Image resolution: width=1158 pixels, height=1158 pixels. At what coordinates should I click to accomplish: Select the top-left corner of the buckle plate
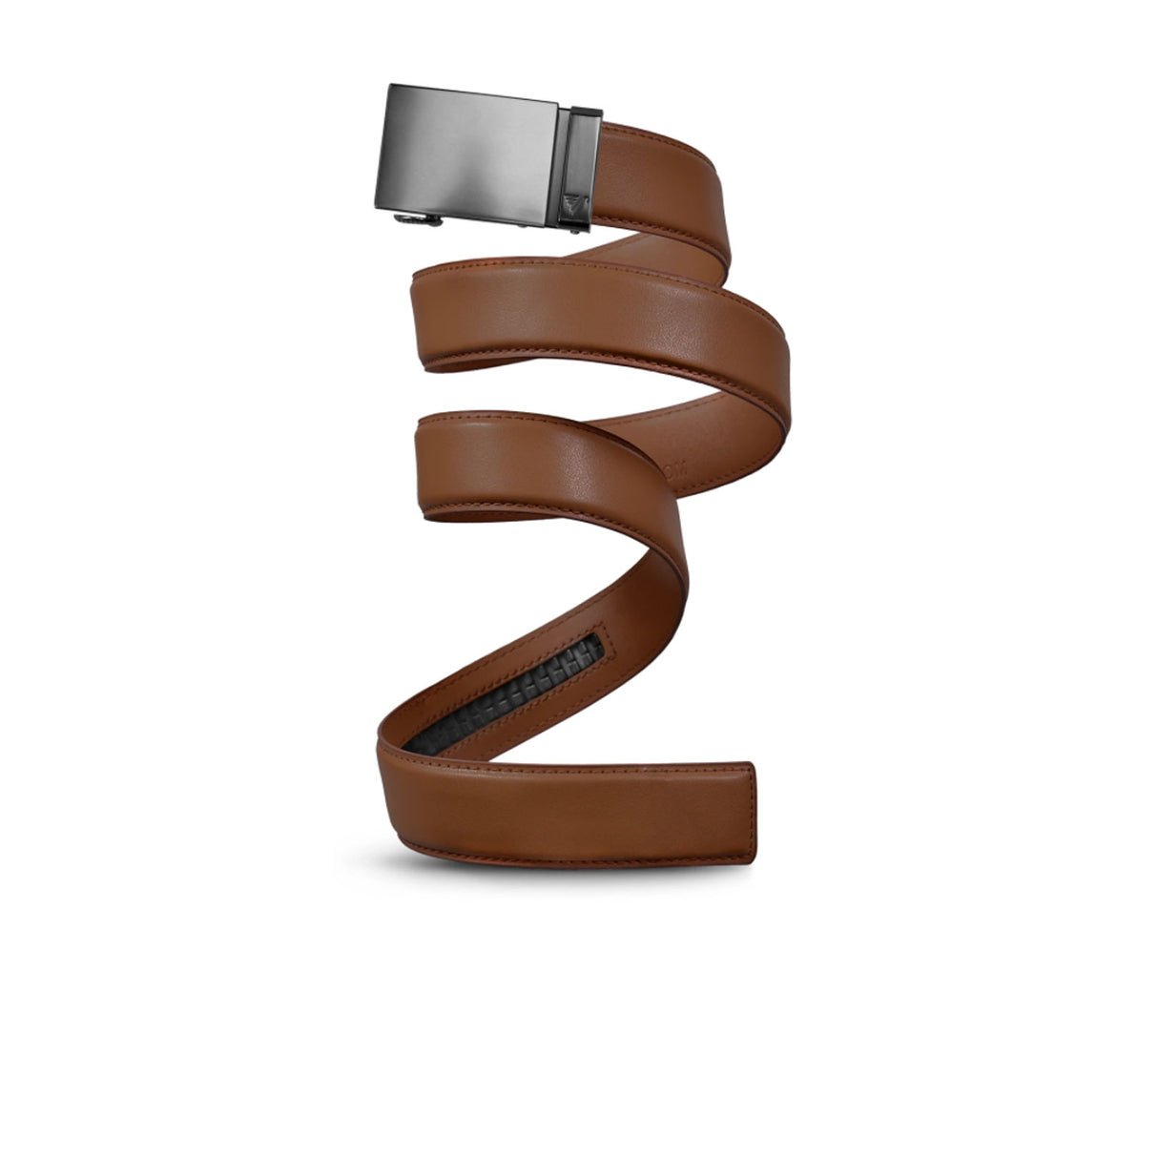pos(390,89)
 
